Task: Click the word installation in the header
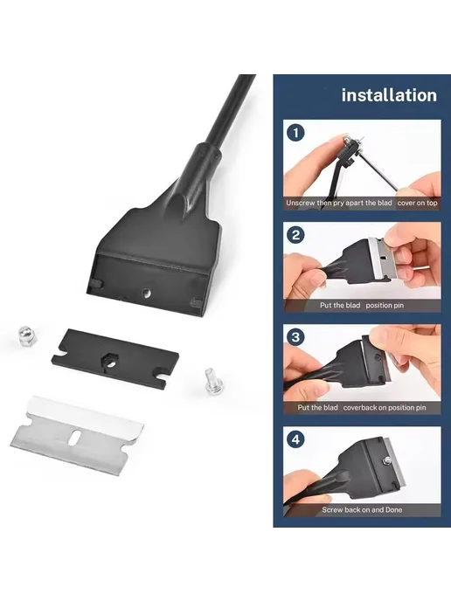pyautogui.click(x=389, y=95)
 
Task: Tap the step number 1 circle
pyautogui.click(x=295, y=133)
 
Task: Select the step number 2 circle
pyautogui.click(x=295, y=235)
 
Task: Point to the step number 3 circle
pyautogui.click(x=295, y=337)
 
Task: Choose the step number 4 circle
pyautogui.click(x=295, y=439)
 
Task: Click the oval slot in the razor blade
pyautogui.click(x=75, y=437)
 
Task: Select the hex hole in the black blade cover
pyautogui.click(x=109, y=361)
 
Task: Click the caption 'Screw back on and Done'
pyautogui.click(x=362, y=510)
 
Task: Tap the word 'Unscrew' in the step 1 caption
pyautogui.click(x=301, y=203)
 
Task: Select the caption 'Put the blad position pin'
pyautogui.click(x=362, y=306)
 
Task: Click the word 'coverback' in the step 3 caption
pyautogui.click(x=360, y=407)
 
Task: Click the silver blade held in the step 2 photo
pyautogui.click(x=379, y=259)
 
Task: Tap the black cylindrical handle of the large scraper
pyautogui.click(x=226, y=111)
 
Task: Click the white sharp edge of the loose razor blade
pyautogui.click(x=85, y=411)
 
